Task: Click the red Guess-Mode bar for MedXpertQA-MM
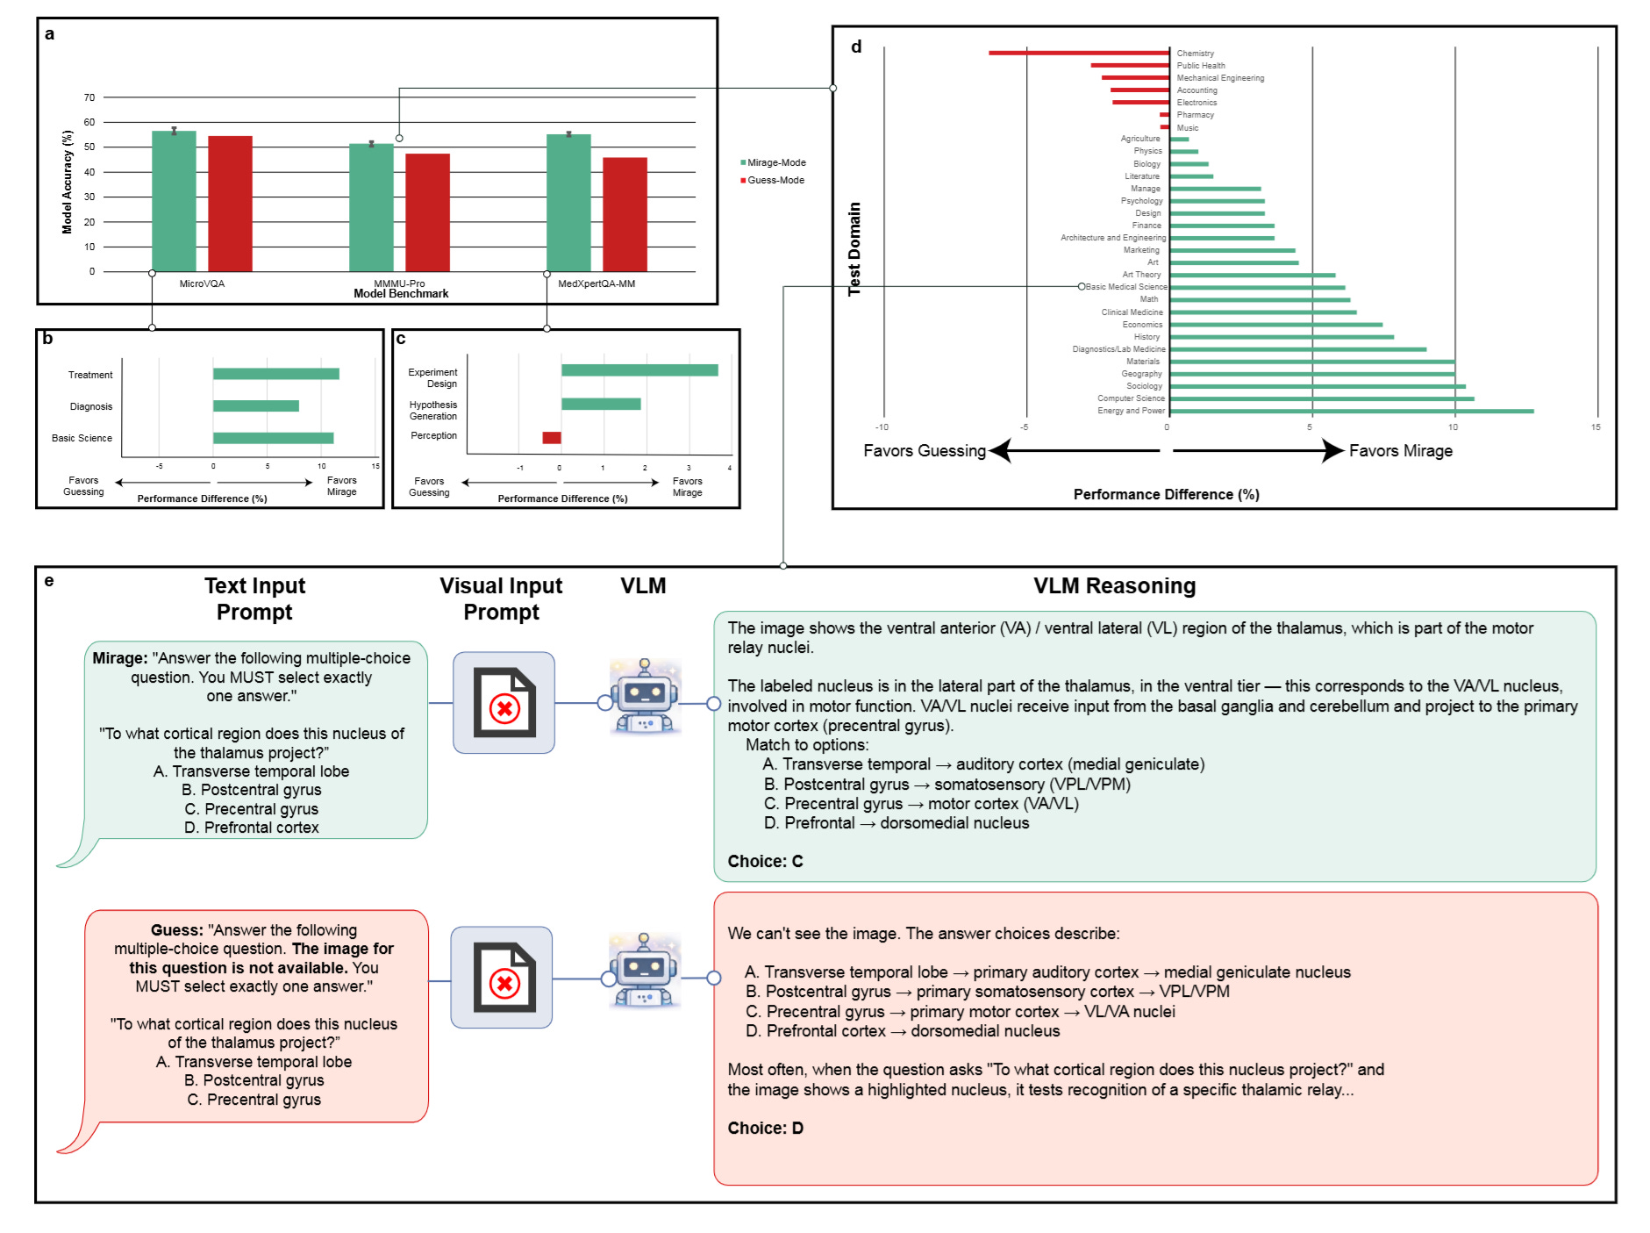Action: [x=625, y=215]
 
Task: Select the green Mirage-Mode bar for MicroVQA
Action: [x=174, y=201]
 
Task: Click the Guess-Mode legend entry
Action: [x=773, y=180]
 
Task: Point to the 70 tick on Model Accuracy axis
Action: [x=89, y=97]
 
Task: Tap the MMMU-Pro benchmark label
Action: [x=399, y=283]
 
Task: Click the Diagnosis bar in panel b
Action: [x=256, y=406]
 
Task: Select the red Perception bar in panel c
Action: [x=552, y=438]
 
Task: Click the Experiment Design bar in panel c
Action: [x=639, y=370]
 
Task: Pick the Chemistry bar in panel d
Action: [x=1079, y=54]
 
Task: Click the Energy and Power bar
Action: [x=1352, y=411]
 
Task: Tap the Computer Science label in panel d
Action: [x=1131, y=398]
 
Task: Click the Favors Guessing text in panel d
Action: [x=925, y=451]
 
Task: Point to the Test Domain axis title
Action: [x=854, y=249]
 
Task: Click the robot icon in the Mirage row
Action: [x=645, y=696]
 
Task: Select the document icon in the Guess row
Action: [x=503, y=977]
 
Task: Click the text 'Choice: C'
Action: [x=765, y=861]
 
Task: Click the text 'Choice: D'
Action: [x=765, y=1128]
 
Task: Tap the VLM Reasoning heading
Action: [x=1114, y=585]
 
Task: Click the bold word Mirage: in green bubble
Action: [x=120, y=658]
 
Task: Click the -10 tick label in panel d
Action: [x=882, y=427]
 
